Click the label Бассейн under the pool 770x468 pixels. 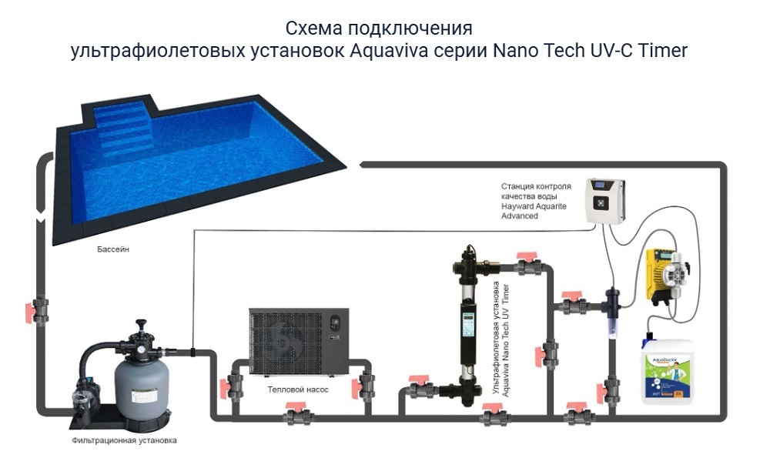pyautogui.click(x=112, y=251)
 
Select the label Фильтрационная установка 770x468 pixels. pyautogui.click(x=124, y=441)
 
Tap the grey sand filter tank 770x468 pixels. pyautogui.click(x=142, y=388)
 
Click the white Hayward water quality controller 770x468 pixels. pyautogui.click(x=607, y=202)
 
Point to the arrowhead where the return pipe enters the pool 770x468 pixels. pyautogui.click(x=363, y=164)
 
